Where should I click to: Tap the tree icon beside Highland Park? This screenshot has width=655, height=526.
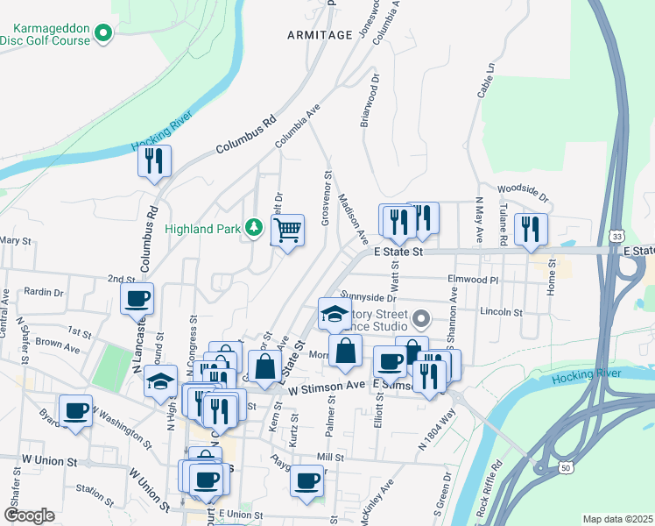pos(254,229)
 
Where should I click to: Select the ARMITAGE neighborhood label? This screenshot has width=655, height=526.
pos(319,34)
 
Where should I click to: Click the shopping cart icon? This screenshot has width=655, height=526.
pos(287,231)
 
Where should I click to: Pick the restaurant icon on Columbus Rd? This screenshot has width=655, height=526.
pos(154,160)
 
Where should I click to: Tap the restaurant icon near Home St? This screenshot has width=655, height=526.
pos(531,229)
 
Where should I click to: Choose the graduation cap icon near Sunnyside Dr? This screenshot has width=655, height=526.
pos(334,314)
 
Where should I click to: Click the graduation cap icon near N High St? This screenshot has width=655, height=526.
pos(160,381)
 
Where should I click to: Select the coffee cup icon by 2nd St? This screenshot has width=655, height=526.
pos(137,298)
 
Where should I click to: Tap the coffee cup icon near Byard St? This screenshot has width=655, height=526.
pos(76,409)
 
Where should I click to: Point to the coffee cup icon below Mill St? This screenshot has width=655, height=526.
pos(306,481)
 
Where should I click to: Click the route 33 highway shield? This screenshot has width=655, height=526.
pos(618,237)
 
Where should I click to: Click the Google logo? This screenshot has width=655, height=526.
pos(30,515)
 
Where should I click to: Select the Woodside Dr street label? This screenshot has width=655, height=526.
pos(521,188)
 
